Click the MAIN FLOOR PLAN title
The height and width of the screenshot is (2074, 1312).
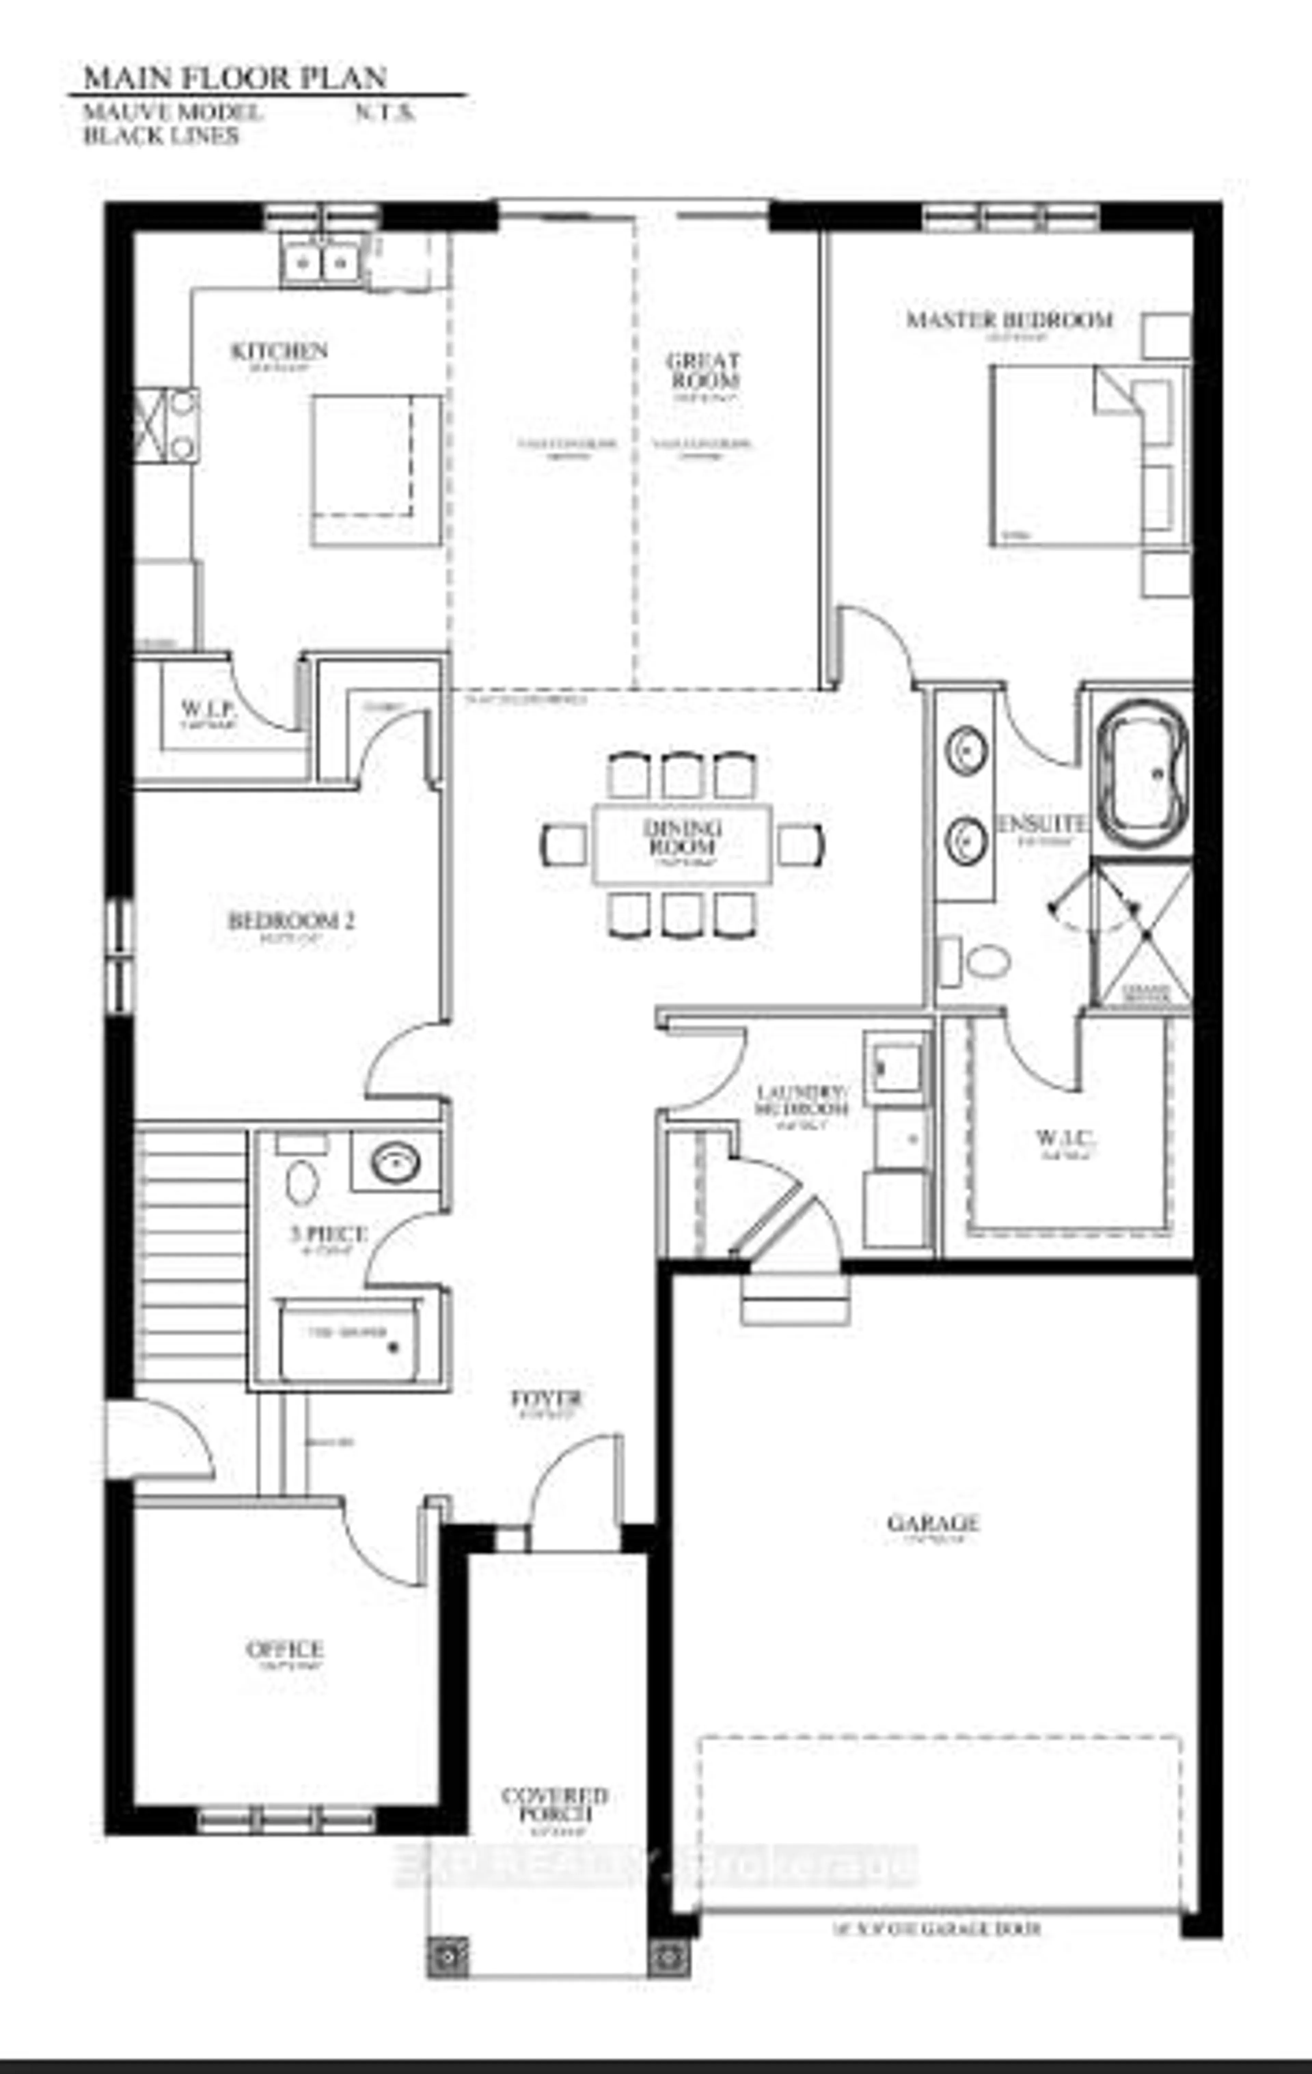coord(234,78)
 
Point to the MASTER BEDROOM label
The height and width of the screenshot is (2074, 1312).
coord(1009,319)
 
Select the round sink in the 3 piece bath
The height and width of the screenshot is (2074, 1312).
coord(395,1163)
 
